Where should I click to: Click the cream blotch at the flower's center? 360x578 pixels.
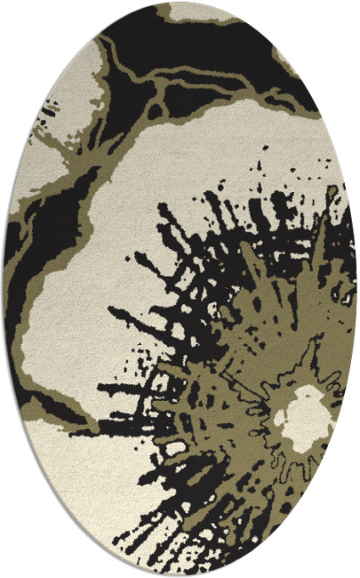[x=303, y=413]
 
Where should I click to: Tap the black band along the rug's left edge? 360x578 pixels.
[x=22, y=267]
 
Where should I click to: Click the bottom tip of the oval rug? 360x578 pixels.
[x=182, y=573]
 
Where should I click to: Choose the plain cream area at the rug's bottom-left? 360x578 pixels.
[x=80, y=480]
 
